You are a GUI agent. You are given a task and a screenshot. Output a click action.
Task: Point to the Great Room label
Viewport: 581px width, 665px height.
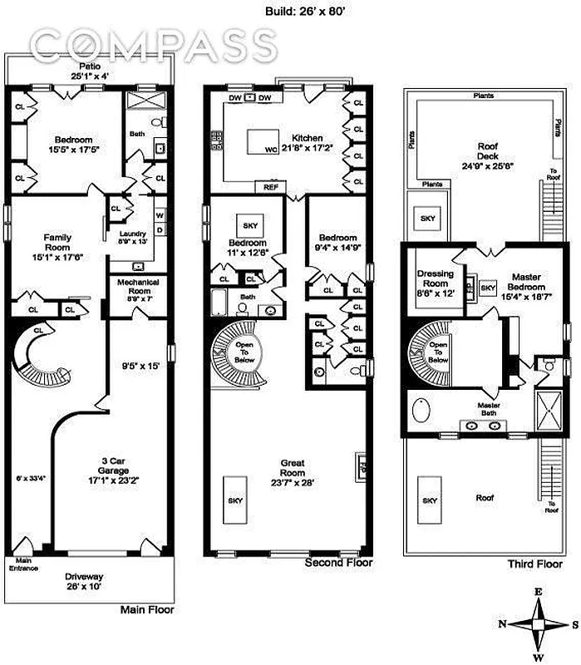pos(291,468)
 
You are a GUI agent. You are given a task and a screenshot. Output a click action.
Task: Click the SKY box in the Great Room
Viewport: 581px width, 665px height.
pos(234,500)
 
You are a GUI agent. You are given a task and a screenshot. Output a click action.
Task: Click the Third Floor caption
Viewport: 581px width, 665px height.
pos(535,564)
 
